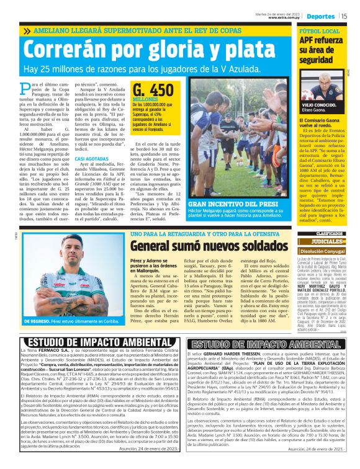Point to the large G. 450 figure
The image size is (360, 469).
153,90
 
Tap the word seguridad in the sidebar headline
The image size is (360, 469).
319,60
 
